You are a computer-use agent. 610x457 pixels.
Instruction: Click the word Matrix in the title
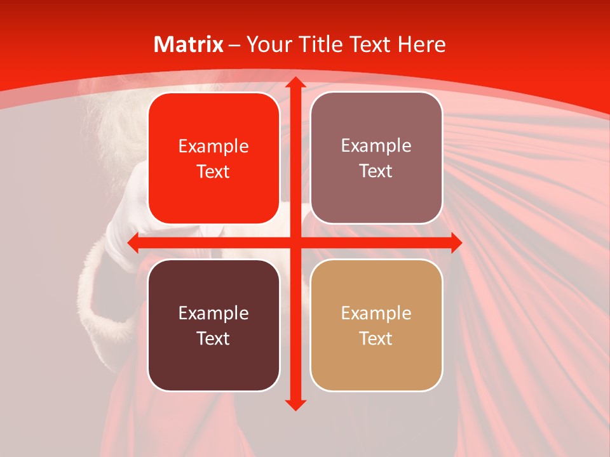188,44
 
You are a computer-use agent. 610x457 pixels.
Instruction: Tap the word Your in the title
267,44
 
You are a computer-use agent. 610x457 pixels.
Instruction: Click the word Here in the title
421,44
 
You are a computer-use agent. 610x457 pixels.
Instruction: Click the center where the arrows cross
295,242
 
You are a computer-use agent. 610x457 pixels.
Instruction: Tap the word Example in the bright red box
213,147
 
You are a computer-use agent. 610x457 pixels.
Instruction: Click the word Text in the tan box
376,338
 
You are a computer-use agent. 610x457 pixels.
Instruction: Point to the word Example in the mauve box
376,146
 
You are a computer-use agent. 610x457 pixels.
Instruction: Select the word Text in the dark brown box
213,338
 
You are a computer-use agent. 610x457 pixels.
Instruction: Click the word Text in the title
368,44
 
